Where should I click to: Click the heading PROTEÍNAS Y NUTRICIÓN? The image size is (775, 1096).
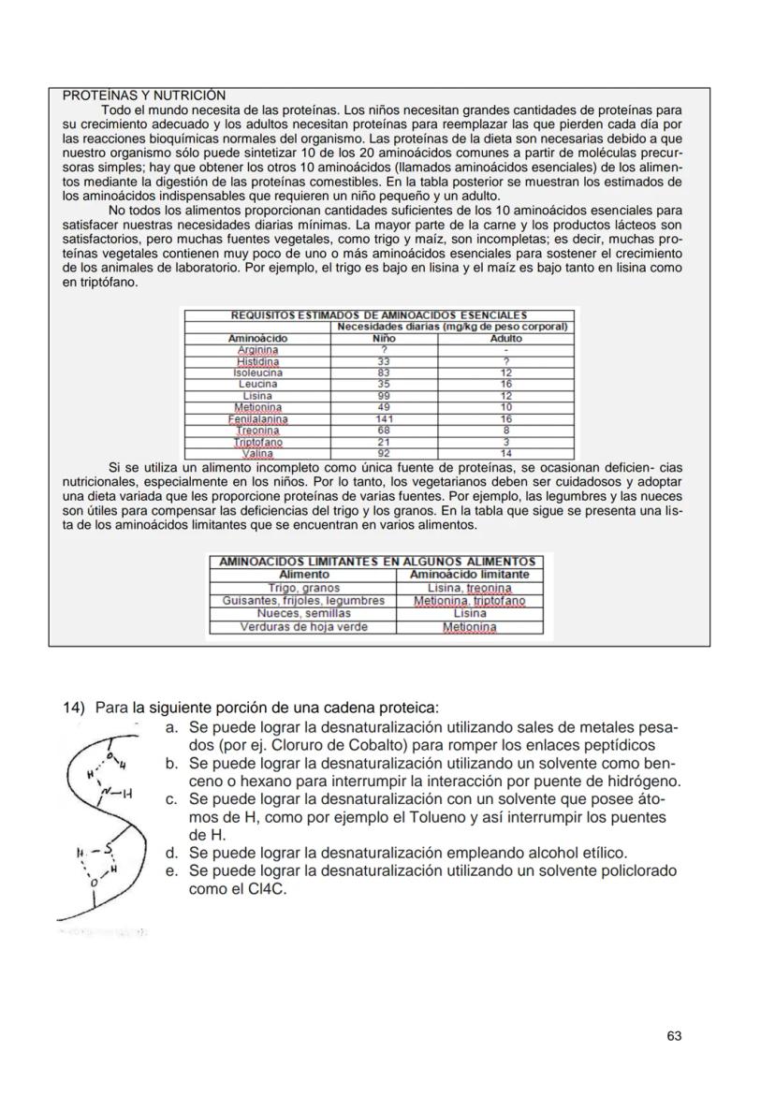(143, 95)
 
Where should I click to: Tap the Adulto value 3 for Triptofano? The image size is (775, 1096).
(505, 442)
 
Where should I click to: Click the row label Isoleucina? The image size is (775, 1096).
(257, 373)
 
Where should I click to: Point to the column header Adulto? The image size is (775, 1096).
(505, 338)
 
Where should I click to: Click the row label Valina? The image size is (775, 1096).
(257, 453)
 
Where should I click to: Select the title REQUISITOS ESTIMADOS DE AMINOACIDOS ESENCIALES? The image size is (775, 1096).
(378, 315)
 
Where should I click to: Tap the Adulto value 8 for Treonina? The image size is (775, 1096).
(505, 431)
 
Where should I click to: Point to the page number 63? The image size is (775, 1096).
(674, 1036)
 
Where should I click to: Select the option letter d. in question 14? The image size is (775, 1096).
(171, 854)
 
